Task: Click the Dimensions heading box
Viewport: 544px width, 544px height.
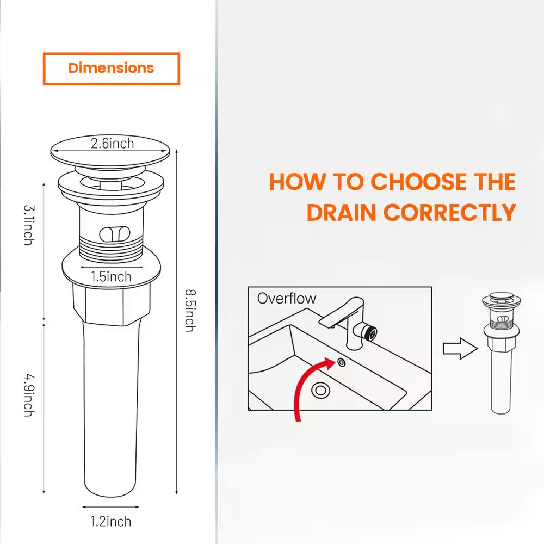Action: [112, 69]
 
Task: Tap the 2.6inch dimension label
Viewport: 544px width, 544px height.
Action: [113, 143]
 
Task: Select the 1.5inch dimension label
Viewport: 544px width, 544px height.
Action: [111, 276]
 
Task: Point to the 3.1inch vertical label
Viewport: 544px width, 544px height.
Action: [29, 225]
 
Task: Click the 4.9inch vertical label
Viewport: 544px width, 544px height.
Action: [29, 395]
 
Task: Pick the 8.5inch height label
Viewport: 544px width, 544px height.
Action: [190, 311]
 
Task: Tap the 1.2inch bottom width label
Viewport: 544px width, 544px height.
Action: [111, 522]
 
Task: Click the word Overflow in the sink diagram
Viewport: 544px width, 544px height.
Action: [287, 298]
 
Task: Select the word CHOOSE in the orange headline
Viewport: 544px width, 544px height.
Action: [419, 182]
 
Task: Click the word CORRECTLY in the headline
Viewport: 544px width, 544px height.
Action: [450, 212]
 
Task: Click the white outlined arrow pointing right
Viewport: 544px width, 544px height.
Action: [460, 348]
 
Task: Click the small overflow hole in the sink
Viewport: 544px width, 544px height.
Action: [342, 362]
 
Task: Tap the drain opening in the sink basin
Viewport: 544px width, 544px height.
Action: [320, 390]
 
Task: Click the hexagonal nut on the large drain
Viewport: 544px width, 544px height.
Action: [112, 304]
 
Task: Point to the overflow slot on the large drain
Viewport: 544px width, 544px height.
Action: [115, 234]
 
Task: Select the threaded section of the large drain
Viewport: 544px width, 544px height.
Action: [112, 250]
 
